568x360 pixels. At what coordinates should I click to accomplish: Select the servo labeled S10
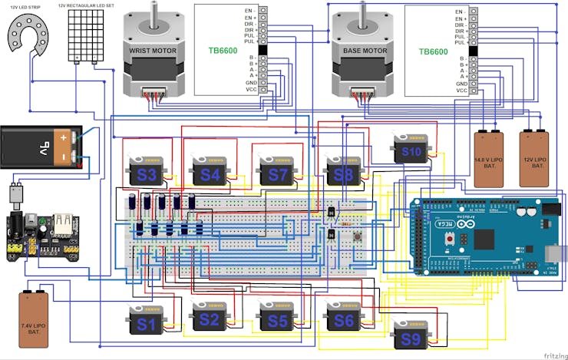[411, 151]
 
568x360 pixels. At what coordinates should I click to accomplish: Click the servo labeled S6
[343, 320]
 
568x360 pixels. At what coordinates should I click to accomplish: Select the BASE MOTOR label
[364, 51]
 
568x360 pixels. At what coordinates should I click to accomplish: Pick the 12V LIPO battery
[535, 158]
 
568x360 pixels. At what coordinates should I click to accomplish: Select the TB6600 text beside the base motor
[433, 51]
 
